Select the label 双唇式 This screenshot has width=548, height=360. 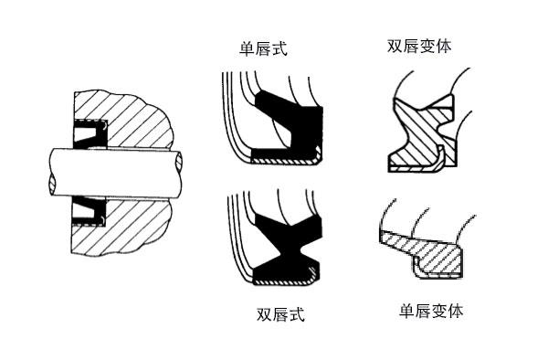pos(279,315)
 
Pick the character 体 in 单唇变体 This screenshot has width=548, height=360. pos(455,311)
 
